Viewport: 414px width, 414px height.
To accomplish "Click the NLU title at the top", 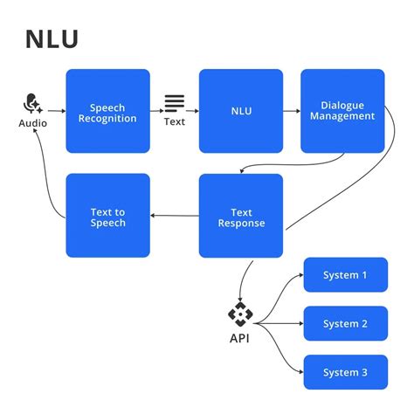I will [52, 40].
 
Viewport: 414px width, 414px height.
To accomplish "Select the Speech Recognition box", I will [107, 112].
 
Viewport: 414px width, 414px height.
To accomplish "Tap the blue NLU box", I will [240, 112].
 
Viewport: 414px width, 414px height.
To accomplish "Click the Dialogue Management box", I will [342, 111].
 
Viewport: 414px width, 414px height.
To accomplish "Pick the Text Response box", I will [240, 217].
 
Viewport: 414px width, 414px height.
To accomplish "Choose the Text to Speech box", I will [107, 217].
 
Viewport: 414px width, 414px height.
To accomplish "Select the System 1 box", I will [345, 275].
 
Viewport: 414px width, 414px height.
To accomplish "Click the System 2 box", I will [345, 324].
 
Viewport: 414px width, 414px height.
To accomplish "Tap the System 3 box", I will [345, 373].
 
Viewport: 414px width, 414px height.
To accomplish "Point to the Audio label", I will [33, 123].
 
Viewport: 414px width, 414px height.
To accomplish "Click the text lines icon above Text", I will [175, 104].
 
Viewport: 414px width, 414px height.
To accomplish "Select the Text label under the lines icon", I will [175, 121].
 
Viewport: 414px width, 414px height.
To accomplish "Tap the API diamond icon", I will [239, 314].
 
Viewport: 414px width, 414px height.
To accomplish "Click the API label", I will [239, 338].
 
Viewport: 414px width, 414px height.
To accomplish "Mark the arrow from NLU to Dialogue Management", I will [292, 112].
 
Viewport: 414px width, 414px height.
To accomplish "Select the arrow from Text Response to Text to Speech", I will [175, 216].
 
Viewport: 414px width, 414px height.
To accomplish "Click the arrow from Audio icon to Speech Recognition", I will [55, 111].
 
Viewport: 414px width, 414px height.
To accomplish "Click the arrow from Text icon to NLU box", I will [193, 111].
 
